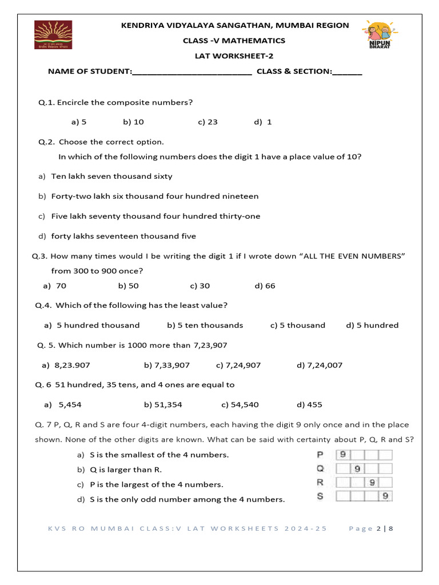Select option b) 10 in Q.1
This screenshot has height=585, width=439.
[x=133, y=122]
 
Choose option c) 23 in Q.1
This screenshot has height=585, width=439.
[x=207, y=122]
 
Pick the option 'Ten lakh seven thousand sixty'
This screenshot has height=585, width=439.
[x=111, y=176]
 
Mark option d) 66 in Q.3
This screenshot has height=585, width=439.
[x=265, y=286]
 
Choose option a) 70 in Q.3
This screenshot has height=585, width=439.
[x=55, y=286]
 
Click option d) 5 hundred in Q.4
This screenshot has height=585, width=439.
[x=372, y=325]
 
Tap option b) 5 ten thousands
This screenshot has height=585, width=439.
[x=205, y=325]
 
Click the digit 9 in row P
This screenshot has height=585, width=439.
[x=343, y=455]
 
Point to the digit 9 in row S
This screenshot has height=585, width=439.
[x=386, y=496]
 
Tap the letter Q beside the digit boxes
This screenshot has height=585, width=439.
[x=320, y=468]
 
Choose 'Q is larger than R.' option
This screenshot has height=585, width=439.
[x=126, y=470]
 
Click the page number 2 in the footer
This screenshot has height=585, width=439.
[x=378, y=528]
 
